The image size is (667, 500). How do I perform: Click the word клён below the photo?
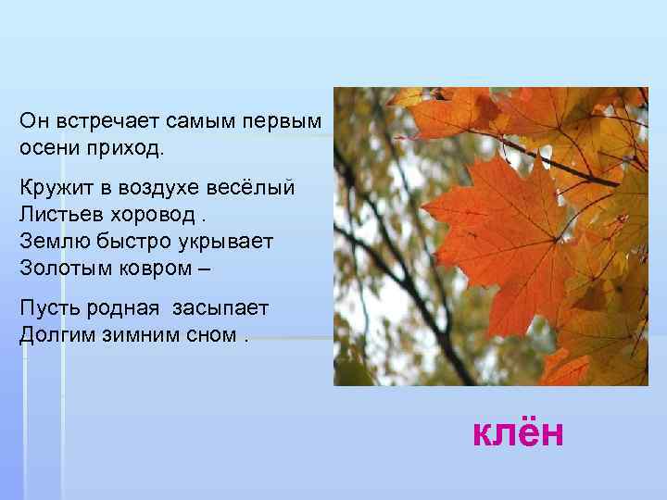coord(518,431)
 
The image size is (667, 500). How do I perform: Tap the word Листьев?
coord(57,213)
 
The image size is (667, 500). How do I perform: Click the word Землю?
coord(51,240)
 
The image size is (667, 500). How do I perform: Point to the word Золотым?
coord(61,267)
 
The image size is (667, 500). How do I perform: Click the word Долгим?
coord(54,332)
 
